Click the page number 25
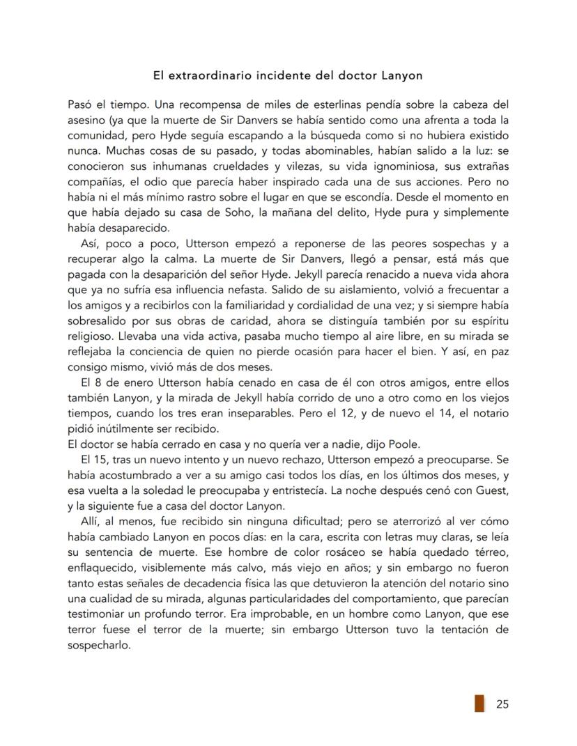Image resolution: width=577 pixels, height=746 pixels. tap(502, 704)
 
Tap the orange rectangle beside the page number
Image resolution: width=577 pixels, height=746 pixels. tap(479, 704)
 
